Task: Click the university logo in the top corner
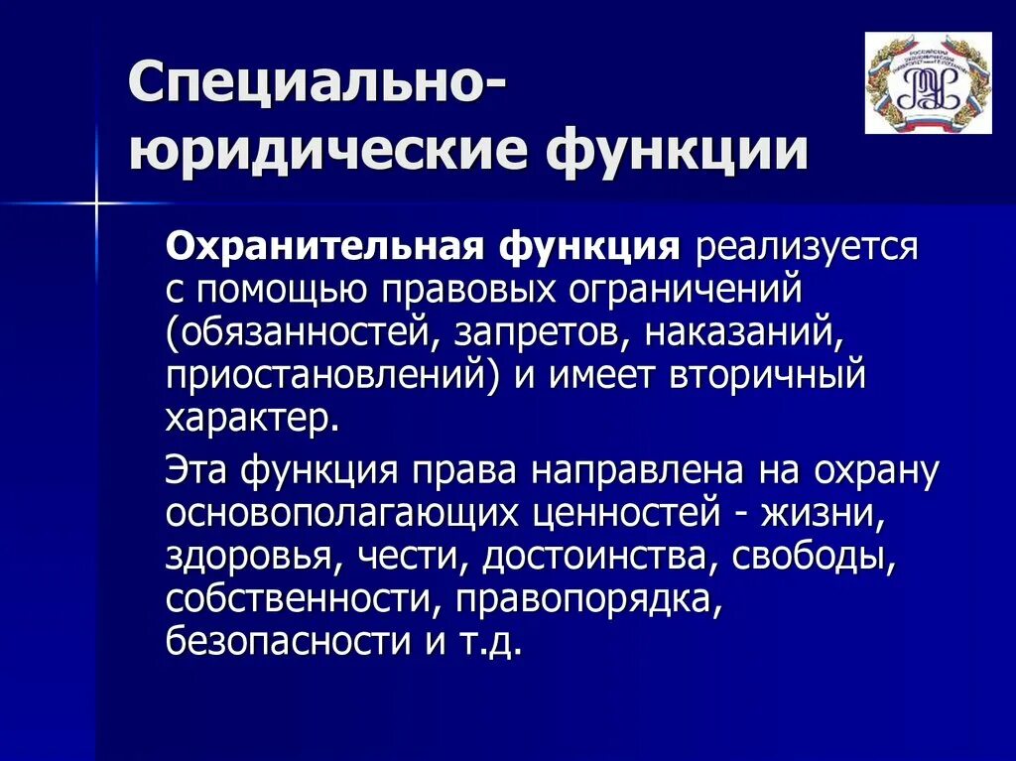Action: pyautogui.click(x=928, y=82)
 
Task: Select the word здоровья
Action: pyautogui.click(x=248, y=557)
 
